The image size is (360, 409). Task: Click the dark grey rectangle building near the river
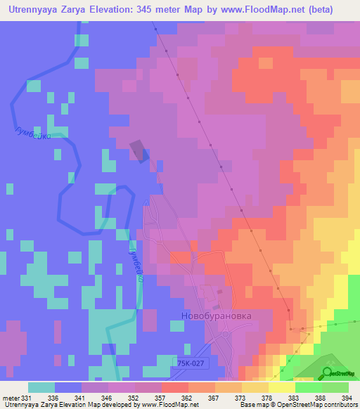140,150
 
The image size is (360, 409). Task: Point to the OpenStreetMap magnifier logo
328,373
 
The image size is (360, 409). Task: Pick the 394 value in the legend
348,397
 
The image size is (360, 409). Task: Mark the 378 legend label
268,397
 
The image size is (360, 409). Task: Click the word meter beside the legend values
10,397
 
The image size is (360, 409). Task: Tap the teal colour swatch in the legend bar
41,387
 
